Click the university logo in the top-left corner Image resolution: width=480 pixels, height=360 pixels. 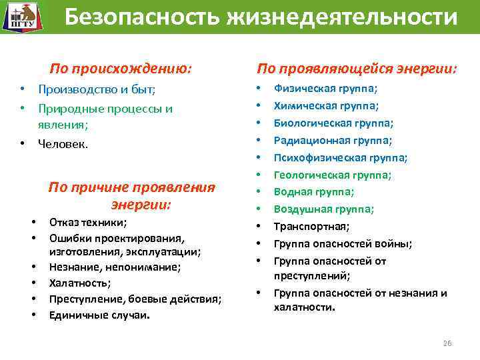pos(20,17)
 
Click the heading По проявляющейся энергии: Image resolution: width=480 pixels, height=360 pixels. pos(357,69)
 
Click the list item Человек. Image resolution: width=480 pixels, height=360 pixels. pos(63,143)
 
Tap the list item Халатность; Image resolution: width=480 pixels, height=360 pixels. pos(80,283)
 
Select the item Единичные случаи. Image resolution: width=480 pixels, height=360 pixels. pos(99,314)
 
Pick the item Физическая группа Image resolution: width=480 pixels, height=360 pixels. pos(325,88)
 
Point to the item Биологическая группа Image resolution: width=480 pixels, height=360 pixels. pos(333,123)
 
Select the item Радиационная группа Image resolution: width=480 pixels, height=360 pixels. pos(333,140)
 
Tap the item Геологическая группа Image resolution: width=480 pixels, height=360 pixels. pos(333,175)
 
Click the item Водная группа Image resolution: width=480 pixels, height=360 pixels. pos(313,192)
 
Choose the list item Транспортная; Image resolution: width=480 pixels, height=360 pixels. pos(311,227)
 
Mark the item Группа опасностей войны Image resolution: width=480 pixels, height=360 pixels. pos(343,244)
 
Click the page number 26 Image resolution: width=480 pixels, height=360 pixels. pos(447,343)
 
